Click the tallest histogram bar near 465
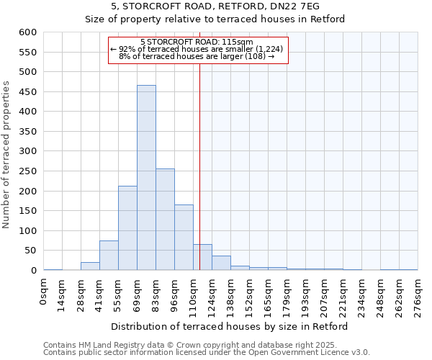(146, 178)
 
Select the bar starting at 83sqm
(165, 220)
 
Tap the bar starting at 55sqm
(127, 228)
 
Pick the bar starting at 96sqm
(184, 238)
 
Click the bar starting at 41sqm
(109, 256)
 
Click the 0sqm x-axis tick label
(44, 292)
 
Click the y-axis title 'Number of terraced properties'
(7, 155)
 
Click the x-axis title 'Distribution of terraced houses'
(230, 326)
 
